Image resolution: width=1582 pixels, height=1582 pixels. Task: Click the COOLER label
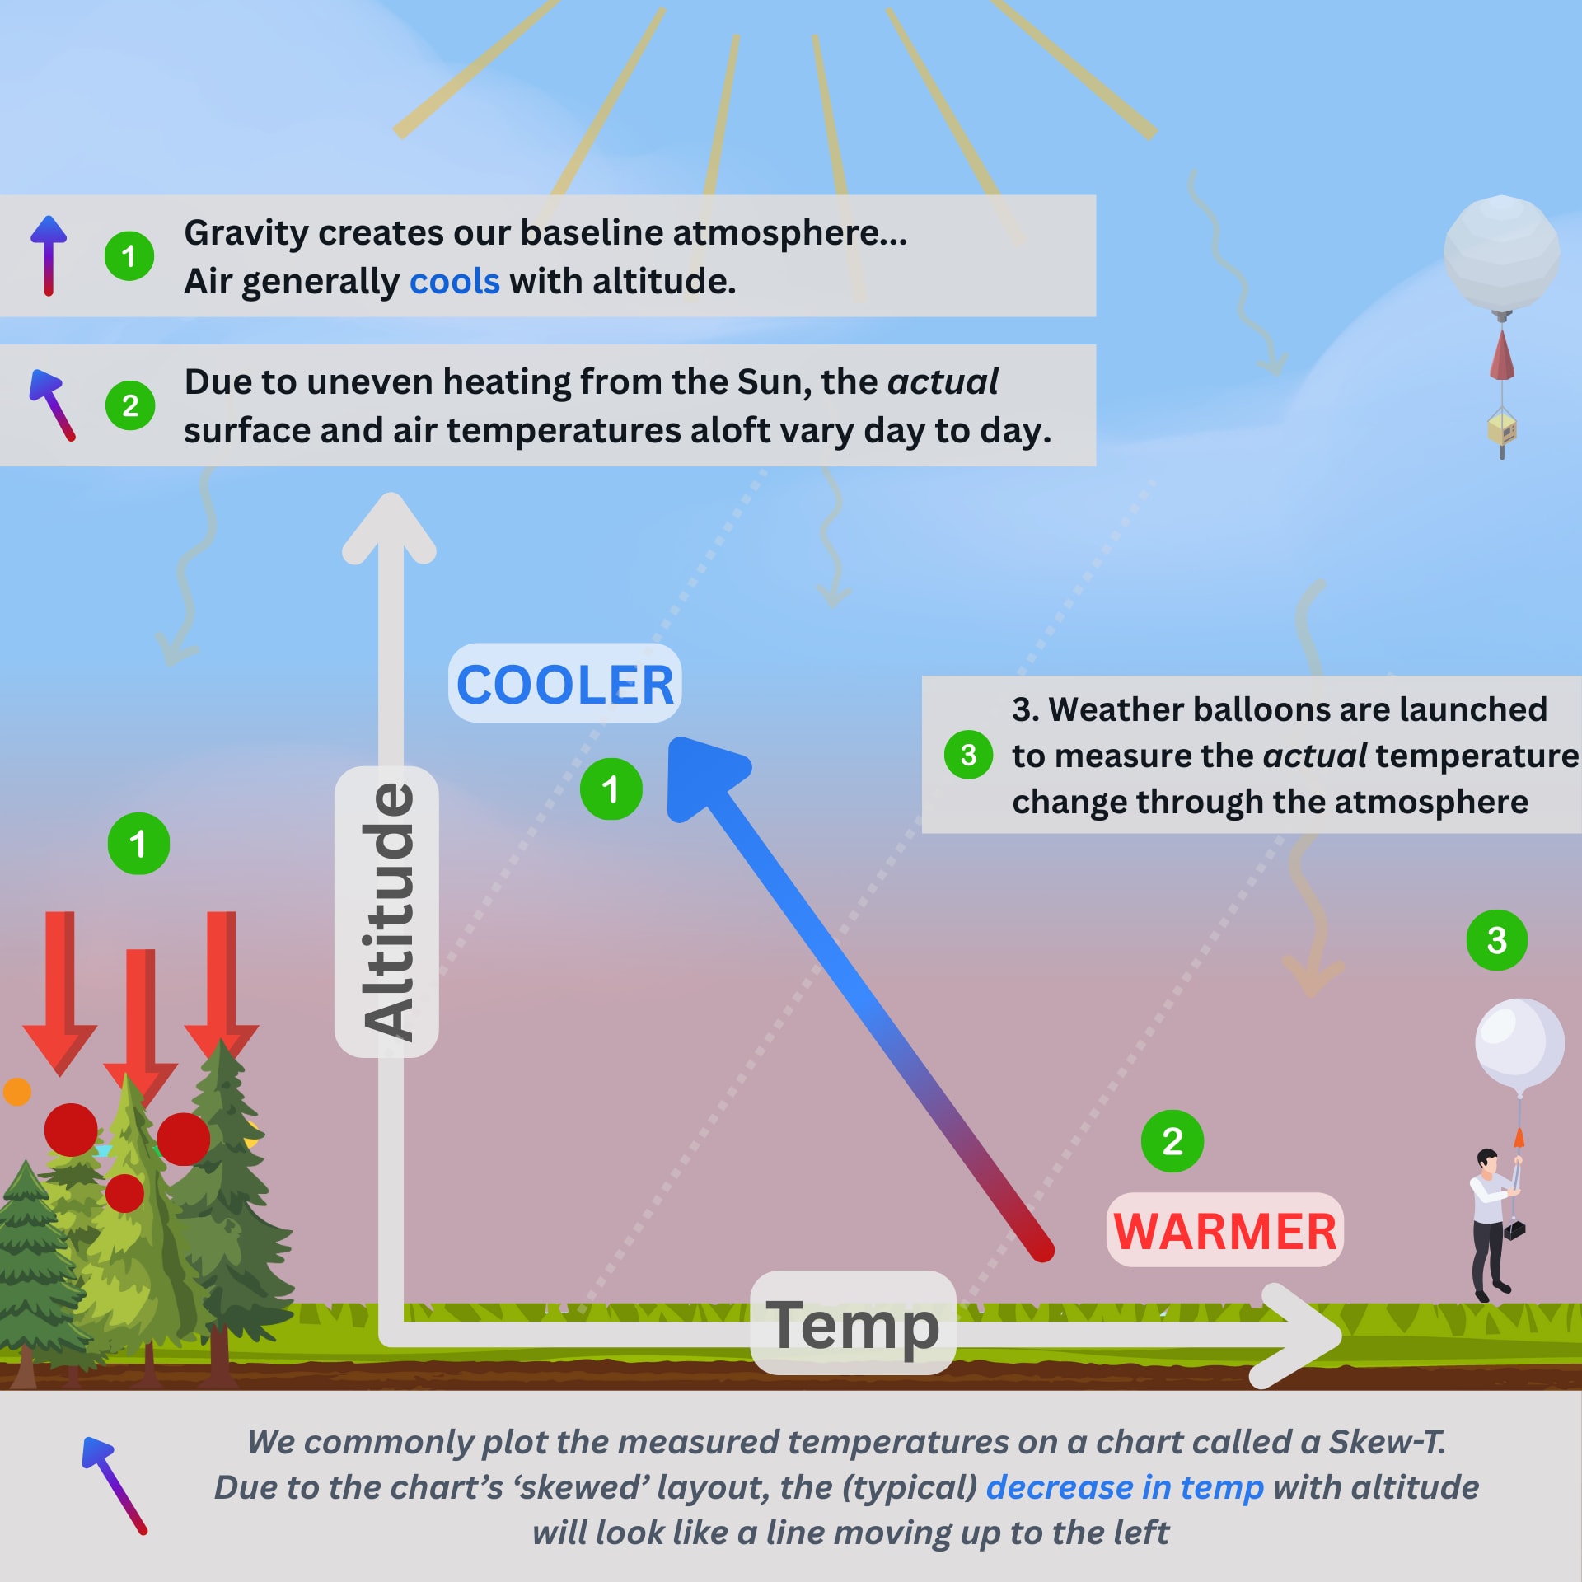[564, 684]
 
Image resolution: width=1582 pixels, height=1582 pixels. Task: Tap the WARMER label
[1224, 1231]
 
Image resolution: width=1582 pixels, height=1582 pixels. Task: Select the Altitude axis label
[386, 911]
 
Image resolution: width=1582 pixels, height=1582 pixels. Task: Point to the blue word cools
[454, 282]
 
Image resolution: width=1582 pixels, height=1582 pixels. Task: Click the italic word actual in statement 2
[942, 382]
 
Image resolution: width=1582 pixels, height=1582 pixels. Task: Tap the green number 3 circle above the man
[1496, 940]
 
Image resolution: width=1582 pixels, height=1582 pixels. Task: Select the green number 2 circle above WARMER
[1172, 1141]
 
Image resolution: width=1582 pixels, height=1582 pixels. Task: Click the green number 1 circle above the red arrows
[138, 844]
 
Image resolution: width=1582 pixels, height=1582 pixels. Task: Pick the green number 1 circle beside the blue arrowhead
[611, 789]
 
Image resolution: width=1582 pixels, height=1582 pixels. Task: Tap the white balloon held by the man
[1519, 1043]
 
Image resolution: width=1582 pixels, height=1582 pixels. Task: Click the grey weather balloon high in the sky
[1501, 254]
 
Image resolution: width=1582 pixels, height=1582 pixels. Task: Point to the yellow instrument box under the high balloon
[1502, 428]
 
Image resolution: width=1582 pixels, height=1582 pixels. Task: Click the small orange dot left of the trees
[17, 1092]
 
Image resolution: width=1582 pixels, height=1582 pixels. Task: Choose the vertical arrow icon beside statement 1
[49, 255]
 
